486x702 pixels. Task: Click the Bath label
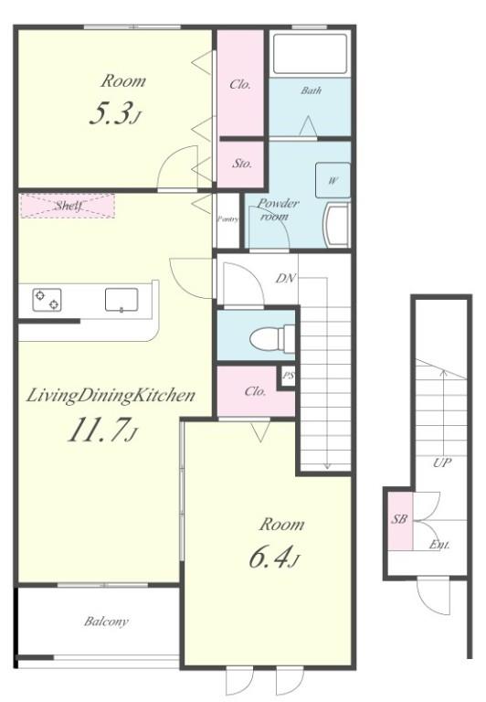pyautogui.click(x=311, y=90)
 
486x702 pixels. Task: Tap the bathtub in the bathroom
pyautogui.click(x=310, y=53)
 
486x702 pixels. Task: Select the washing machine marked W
pyautogui.click(x=333, y=180)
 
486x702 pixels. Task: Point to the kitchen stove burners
pyautogui.click(x=47, y=300)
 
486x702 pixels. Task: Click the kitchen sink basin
pyautogui.click(x=121, y=300)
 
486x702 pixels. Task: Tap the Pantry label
pyautogui.click(x=227, y=219)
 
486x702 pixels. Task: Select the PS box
pyautogui.click(x=288, y=376)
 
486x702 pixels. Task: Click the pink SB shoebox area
pyautogui.click(x=399, y=520)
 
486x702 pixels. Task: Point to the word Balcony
pyautogui.click(x=106, y=622)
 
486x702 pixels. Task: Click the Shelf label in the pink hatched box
pyautogui.click(x=69, y=206)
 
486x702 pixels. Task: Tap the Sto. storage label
pyautogui.click(x=242, y=164)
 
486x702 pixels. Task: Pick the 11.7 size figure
pyautogui.click(x=101, y=430)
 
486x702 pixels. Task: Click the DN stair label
pyautogui.click(x=286, y=279)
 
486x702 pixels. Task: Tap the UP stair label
pyautogui.click(x=442, y=463)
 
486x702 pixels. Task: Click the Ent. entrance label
pyautogui.click(x=439, y=545)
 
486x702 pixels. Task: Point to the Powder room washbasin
pyautogui.click(x=338, y=225)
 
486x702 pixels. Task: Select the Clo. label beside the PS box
pyautogui.click(x=256, y=392)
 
